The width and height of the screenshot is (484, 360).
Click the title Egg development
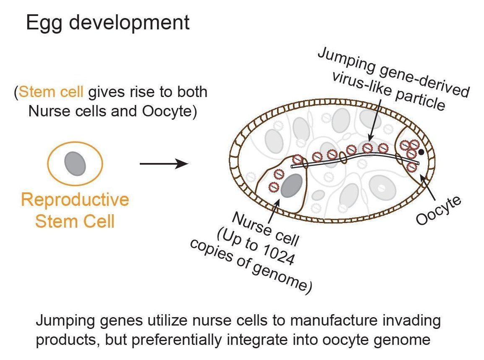click(x=107, y=22)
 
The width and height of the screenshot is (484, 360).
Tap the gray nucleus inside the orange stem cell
click(x=75, y=163)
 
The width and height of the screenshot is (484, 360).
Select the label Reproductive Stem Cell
click(x=75, y=210)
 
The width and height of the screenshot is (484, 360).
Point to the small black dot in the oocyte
click(x=421, y=147)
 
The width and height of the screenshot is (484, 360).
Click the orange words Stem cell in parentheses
click(x=52, y=92)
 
